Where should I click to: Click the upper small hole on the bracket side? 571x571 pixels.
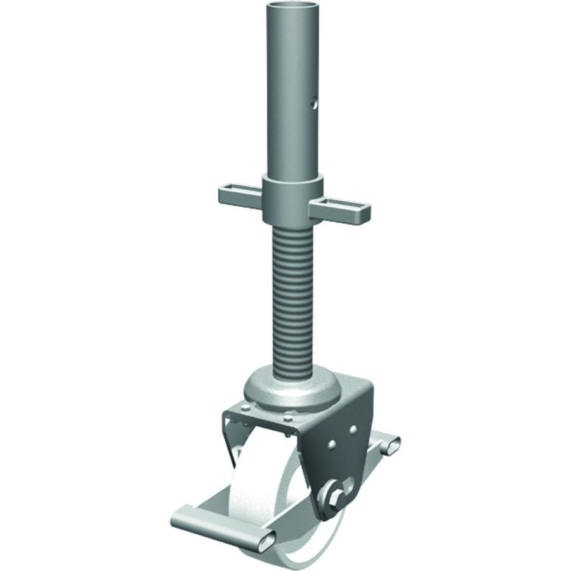(x=353, y=430)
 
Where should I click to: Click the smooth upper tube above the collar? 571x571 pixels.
(x=292, y=95)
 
